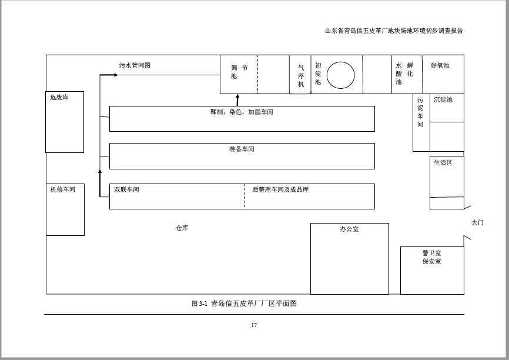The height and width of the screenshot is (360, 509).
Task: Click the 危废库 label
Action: (59, 97)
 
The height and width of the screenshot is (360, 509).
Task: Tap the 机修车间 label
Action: (63, 189)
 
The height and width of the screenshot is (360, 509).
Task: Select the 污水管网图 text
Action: (135, 65)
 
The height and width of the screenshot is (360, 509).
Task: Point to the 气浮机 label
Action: (301, 76)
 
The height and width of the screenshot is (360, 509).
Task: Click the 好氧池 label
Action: (440, 65)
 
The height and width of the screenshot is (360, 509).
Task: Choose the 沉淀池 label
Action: (443, 99)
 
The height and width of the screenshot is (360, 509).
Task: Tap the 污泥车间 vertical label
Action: (420, 112)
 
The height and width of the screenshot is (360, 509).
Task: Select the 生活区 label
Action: (443, 162)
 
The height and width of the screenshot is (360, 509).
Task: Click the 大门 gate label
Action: (477, 222)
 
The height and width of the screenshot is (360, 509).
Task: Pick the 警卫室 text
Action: (432, 253)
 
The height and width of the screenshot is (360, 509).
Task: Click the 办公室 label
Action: (349, 229)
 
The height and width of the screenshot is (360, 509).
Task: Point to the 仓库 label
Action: (182, 228)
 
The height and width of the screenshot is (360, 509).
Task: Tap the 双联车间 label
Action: (126, 189)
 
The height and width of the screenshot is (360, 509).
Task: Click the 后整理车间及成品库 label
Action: (280, 189)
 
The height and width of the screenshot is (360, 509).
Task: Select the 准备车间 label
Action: (242, 149)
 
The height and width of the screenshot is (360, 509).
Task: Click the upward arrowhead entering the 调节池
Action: (237, 96)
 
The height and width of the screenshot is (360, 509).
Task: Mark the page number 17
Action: (254, 325)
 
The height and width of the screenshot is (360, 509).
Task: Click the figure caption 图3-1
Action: (199, 304)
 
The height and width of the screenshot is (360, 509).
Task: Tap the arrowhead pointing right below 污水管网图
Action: (116, 75)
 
